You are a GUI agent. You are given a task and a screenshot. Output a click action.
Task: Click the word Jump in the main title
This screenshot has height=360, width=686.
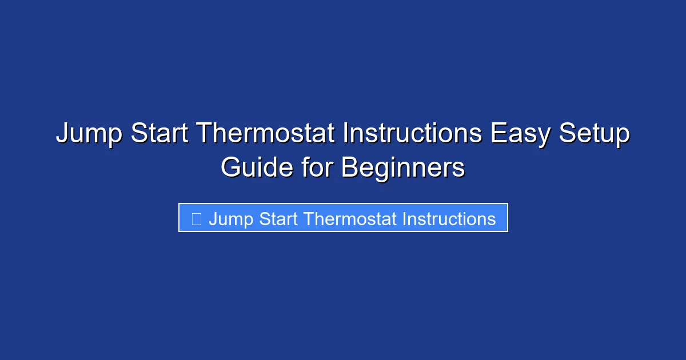click(89, 134)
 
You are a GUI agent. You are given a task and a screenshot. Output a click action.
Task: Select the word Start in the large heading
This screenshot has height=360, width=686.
click(160, 134)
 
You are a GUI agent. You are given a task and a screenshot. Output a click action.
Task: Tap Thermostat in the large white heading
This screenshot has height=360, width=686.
click(267, 134)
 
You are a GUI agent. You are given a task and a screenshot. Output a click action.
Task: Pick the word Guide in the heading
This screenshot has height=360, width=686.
click(257, 168)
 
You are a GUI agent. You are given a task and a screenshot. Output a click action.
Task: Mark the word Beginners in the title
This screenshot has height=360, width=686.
click(404, 168)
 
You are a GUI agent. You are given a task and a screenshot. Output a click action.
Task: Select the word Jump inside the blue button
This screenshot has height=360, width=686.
click(231, 219)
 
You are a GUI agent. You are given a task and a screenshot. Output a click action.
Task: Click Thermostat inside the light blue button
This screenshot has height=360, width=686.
click(350, 219)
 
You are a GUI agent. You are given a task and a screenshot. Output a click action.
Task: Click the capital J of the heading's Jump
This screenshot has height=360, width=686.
click(62, 134)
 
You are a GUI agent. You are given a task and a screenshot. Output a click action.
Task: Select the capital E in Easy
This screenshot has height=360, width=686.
click(497, 134)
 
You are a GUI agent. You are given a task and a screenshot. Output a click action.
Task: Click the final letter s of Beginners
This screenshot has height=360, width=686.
click(460, 169)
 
